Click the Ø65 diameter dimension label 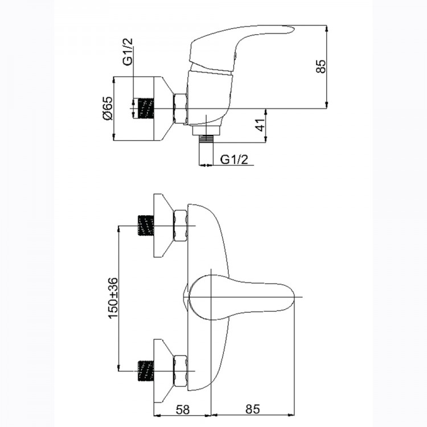coord(107,108)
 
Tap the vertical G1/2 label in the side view coord(128,51)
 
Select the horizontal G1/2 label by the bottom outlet coord(234,159)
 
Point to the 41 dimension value coord(261,125)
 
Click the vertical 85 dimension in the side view coord(321,66)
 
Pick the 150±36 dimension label coord(113,298)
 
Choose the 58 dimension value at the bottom coord(182,409)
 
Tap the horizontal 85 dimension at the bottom coord(253,409)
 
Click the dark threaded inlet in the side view coord(146,108)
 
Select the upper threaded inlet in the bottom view coord(146,225)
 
